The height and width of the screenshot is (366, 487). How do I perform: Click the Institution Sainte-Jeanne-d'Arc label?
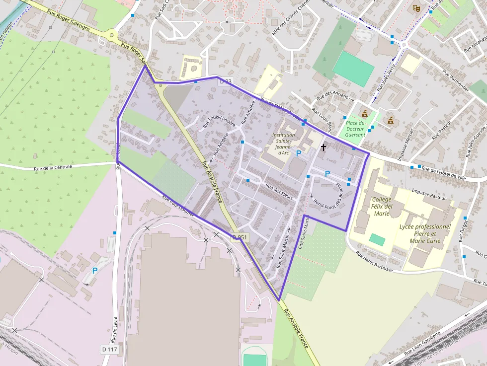pyautogui.click(x=284, y=144)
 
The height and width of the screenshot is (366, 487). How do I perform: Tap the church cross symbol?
pyautogui.click(x=324, y=147)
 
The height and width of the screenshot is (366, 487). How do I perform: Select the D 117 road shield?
pyautogui.click(x=110, y=350)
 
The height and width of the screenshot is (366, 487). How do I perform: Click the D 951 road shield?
pyautogui.click(x=240, y=238)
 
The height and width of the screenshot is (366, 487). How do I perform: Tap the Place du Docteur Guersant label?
pyautogui.click(x=355, y=129)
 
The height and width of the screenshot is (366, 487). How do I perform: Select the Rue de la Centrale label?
pyautogui.click(x=53, y=167)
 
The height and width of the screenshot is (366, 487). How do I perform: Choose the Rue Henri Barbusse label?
pyautogui.click(x=375, y=262)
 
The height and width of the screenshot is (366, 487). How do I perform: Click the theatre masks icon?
pyautogui.click(x=416, y=8)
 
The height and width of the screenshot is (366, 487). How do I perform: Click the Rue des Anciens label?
pyautogui.click(x=332, y=96)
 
